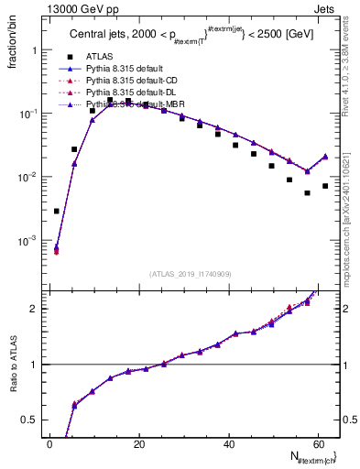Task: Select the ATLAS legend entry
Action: click(x=101, y=56)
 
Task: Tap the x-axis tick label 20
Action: click(x=138, y=444)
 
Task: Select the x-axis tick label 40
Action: click(x=228, y=444)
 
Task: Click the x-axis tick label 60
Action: click(x=317, y=444)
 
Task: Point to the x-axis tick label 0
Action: click(x=49, y=444)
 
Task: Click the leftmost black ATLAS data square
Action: click(x=57, y=211)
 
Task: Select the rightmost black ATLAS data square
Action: click(x=325, y=186)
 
